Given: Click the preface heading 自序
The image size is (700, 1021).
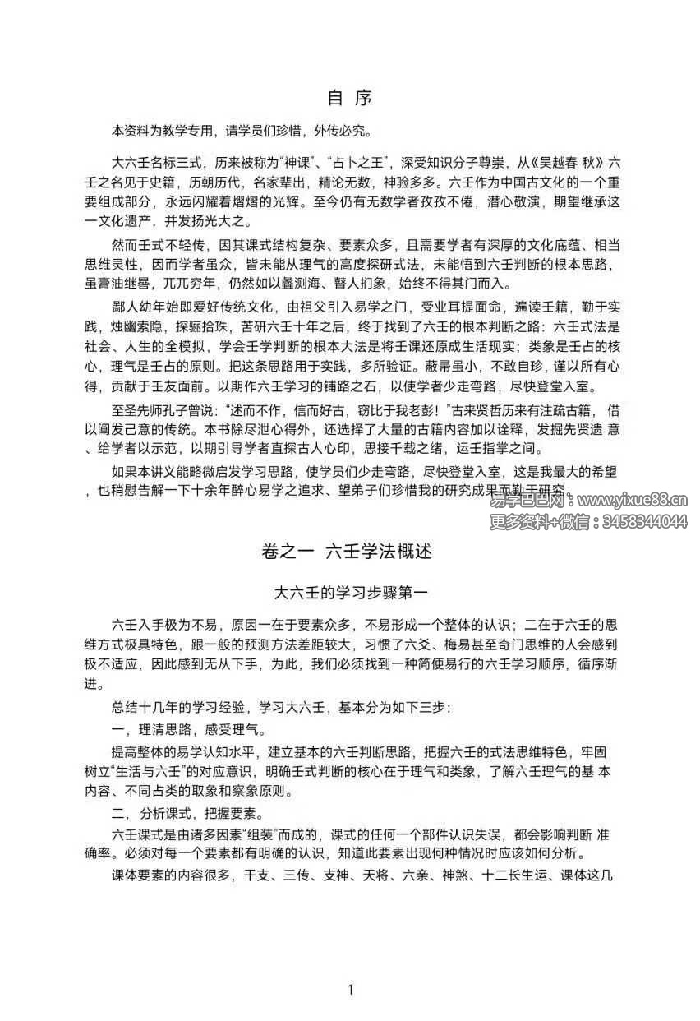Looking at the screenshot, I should pyautogui.click(x=350, y=98).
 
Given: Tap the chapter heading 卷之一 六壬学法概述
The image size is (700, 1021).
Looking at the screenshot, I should pyautogui.click(x=350, y=552).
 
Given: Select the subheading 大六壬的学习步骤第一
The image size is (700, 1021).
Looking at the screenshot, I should pyautogui.click(x=350, y=590).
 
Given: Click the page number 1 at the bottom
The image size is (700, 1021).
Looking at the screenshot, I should pyautogui.click(x=350, y=989).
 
